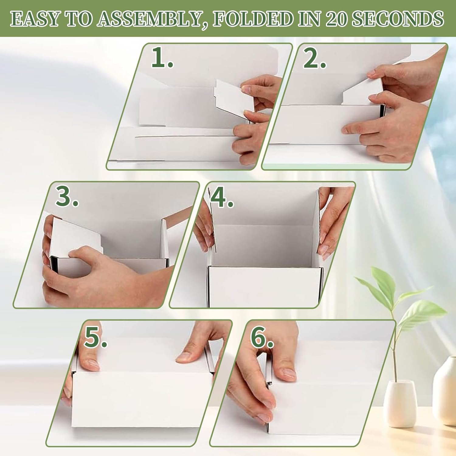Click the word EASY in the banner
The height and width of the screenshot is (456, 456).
pyautogui.click(x=34, y=19)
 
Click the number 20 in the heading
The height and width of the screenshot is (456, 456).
pyautogui.click(x=336, y=19)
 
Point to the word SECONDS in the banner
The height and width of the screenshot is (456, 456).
pyautogui.click(x=398, y=19)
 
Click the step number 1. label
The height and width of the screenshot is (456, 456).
pyautogui.click(x=162, y=58)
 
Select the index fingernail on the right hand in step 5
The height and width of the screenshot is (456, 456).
pyautogui.click(x=184, y=357)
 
